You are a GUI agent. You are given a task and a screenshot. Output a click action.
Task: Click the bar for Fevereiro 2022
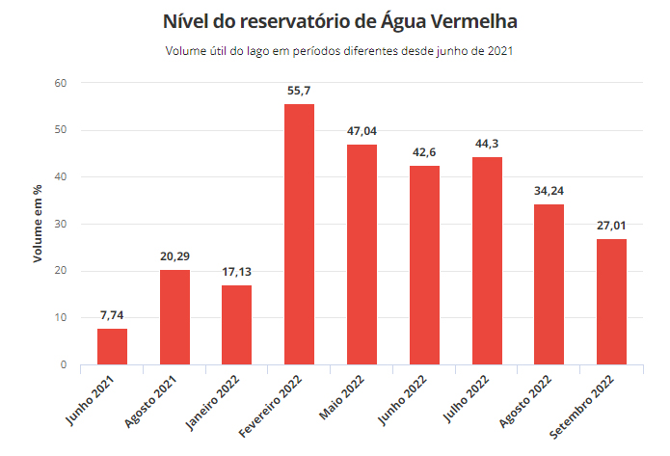[299, 234]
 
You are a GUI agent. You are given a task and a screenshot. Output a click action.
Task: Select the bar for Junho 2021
[112, 347]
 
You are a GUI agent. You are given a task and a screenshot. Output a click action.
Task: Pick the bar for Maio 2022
[362, 255]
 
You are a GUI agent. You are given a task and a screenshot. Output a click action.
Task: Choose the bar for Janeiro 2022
[236, 325]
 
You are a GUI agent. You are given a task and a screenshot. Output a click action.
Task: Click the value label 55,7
[299, 91]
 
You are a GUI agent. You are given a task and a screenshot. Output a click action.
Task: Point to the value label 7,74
[112, 315]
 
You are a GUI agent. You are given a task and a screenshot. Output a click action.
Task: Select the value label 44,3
[487, 144]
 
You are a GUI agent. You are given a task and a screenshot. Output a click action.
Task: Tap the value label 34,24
[549, 191]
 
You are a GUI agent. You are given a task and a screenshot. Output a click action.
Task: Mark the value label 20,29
[174, 256]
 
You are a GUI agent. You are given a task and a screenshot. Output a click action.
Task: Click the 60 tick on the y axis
[60, 83]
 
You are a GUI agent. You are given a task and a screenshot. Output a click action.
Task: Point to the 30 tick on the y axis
[60, 224]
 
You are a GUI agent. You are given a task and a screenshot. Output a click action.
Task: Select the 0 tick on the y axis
[63, 365]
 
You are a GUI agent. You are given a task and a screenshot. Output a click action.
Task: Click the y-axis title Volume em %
[39, 225]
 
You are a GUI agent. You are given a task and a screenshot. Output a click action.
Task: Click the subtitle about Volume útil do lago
[335, 50]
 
